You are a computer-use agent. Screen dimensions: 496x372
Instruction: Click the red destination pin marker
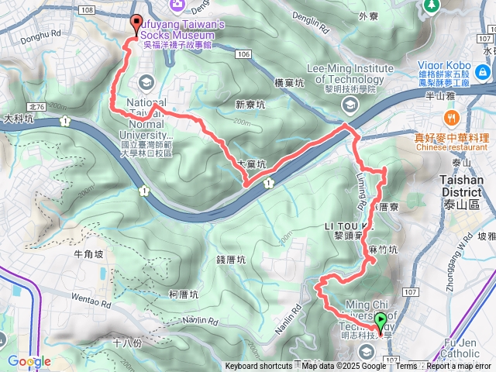point(137,24)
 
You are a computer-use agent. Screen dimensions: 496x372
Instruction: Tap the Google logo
point(29,361)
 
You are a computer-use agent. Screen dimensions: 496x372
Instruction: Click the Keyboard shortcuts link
point(259,367)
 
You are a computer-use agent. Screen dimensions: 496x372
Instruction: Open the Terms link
point(406,367)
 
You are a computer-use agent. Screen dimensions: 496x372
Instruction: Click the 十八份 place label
point(126,343)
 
